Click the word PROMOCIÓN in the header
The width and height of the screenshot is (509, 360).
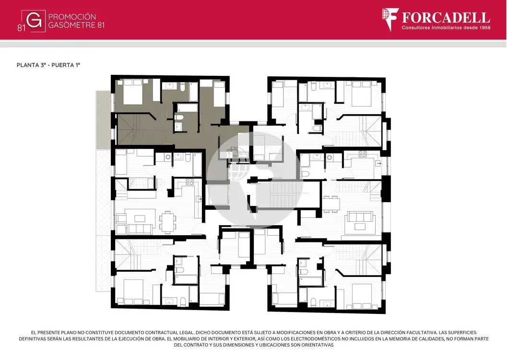pyautogui.click(x=72, y=17)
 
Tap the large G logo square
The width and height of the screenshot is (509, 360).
pyautogui.click(x=34, y=21)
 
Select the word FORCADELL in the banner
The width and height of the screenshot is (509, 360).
pyautogui.click(x=446, y=17)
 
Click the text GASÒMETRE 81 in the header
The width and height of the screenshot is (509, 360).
pyautogui.click(x=76, y=25)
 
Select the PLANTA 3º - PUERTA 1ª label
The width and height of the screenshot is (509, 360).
pyautogui.click(x=48, y=65)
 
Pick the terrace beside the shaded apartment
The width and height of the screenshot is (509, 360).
pyautogui.click(x=104, y=120)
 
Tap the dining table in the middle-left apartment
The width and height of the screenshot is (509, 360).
pyautogui.click(x=167, y=222)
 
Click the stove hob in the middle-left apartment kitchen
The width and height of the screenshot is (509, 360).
pyautogui.click(x=189, y=181)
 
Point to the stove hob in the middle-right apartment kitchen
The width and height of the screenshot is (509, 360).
pyautogui.click(x=362, y=154)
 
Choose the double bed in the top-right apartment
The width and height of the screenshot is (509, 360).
pyautogui.click(x=362, y=94)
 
